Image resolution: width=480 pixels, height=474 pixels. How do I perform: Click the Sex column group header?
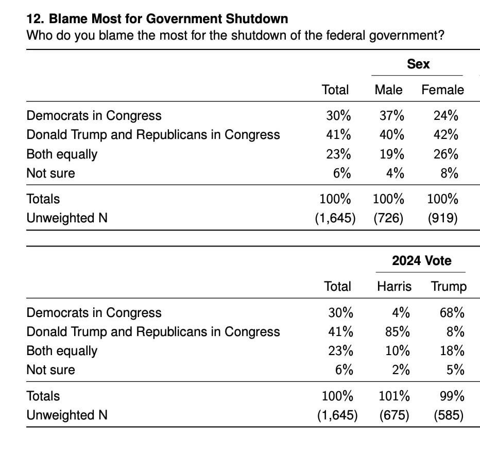coord(418,64)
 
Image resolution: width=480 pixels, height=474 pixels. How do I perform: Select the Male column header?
coord(388,90)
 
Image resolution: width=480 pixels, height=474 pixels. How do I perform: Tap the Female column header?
coord(442,90)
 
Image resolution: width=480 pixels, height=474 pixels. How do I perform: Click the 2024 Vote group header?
coord(421,261)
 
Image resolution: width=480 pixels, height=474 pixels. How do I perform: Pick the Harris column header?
coord(395,287)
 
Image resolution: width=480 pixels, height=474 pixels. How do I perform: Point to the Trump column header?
coord(449,287)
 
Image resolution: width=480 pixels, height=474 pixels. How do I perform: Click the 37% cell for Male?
coord(392,116)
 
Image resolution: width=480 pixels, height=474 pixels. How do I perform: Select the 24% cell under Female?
coord(445,116)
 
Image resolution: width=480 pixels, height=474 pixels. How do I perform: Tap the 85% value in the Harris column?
coord(398,332)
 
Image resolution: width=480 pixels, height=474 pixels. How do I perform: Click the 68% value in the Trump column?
coord(452,313)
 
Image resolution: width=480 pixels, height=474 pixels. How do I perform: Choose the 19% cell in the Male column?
coord(392,154)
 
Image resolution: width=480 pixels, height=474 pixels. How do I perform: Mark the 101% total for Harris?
coord(395,396)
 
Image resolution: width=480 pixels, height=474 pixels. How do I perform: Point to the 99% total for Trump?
coord(452,396)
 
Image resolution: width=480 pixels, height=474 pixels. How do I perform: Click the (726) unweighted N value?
coord(388,218)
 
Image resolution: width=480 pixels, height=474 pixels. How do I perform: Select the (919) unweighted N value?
coord(442,218)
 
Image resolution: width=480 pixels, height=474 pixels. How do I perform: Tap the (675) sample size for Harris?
coord(395,415)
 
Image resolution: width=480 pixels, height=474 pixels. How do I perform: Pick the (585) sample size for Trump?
coord(449,415)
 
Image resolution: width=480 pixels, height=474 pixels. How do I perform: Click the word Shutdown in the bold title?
coord(257,19)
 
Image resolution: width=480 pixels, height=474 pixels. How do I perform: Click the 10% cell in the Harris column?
coord(398,350)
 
